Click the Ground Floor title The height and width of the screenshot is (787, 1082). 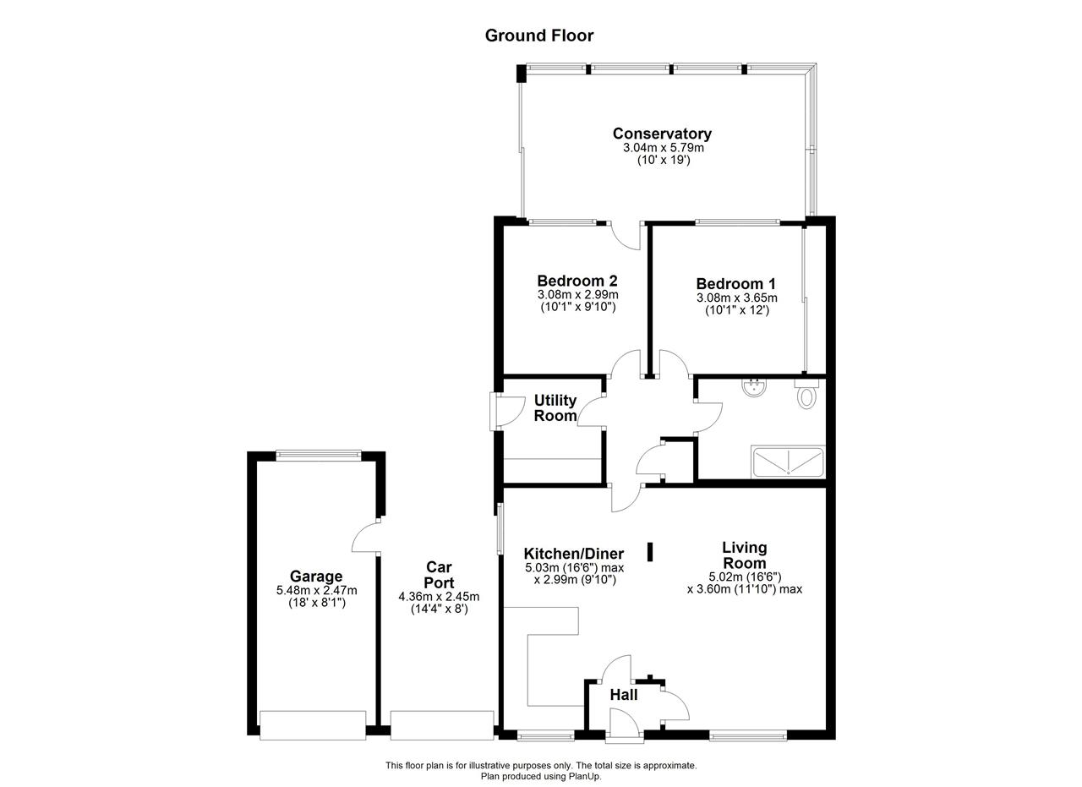tap(539, 36)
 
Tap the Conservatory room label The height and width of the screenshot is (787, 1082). tap(662, 134)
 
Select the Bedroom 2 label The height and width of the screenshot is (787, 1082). tap(577, 281)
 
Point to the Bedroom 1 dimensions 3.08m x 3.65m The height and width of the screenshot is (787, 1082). tap(736, 298)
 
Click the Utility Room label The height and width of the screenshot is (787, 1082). tap(555, 407)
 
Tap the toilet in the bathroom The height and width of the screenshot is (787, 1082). tap(806, 394)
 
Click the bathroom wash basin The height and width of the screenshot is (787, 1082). tap(754, 387)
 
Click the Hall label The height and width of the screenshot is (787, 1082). tap(624, 695)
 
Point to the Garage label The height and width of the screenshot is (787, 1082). tap(316, 576)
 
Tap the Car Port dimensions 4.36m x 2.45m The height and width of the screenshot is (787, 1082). tap(439, 597)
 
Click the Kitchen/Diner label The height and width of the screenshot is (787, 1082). tap(574, 554)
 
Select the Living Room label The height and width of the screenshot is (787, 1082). tap(745, 555)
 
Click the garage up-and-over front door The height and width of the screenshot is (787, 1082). tap(313, 725)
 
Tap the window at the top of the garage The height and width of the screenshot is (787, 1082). tap(319, 455)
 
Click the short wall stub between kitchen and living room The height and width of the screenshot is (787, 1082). tap(650, 552)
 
